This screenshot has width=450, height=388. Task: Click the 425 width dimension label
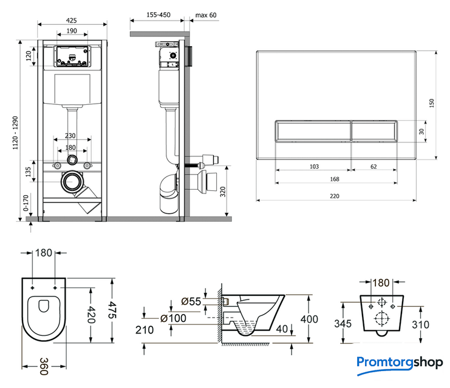point(72,19)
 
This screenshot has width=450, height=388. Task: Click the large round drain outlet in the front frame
point(72,181)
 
